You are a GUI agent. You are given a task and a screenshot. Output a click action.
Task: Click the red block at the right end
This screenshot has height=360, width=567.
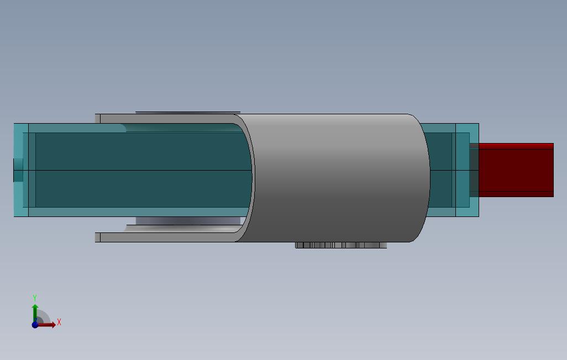click(x=516, y=170)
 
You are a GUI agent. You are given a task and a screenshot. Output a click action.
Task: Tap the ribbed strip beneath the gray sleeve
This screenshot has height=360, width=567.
click(x=341, y=245)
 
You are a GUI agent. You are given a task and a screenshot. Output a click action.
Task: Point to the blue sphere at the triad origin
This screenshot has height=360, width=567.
click(x=35, y=325)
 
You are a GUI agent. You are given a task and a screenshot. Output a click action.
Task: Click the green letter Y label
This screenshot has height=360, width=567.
click(x=35, y=298)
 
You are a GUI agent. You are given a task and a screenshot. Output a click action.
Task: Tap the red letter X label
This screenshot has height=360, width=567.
click(x=59, y=322)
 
